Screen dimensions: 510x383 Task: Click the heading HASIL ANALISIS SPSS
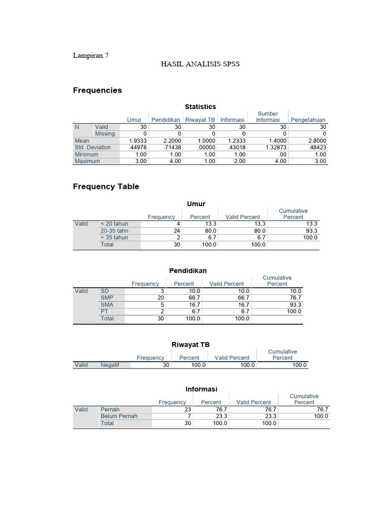pos(200,64)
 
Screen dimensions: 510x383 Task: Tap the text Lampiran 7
pos(91,56)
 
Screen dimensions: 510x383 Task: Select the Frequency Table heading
pos(106,186)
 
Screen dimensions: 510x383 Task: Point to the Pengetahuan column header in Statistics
pos(309,120)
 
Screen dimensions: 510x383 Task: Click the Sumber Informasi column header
pos(268,117)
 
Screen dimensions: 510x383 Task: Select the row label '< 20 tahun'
pos(114,224)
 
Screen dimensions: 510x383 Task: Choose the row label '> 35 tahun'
pos(114,238)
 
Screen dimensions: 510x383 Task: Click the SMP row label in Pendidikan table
pos(107,298)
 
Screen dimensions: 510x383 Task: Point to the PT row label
pos(105,311)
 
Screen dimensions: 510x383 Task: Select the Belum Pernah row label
pos(119,416)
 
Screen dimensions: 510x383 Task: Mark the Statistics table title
pos(200,107)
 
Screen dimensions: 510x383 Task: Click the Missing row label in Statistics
pos(105,134)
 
